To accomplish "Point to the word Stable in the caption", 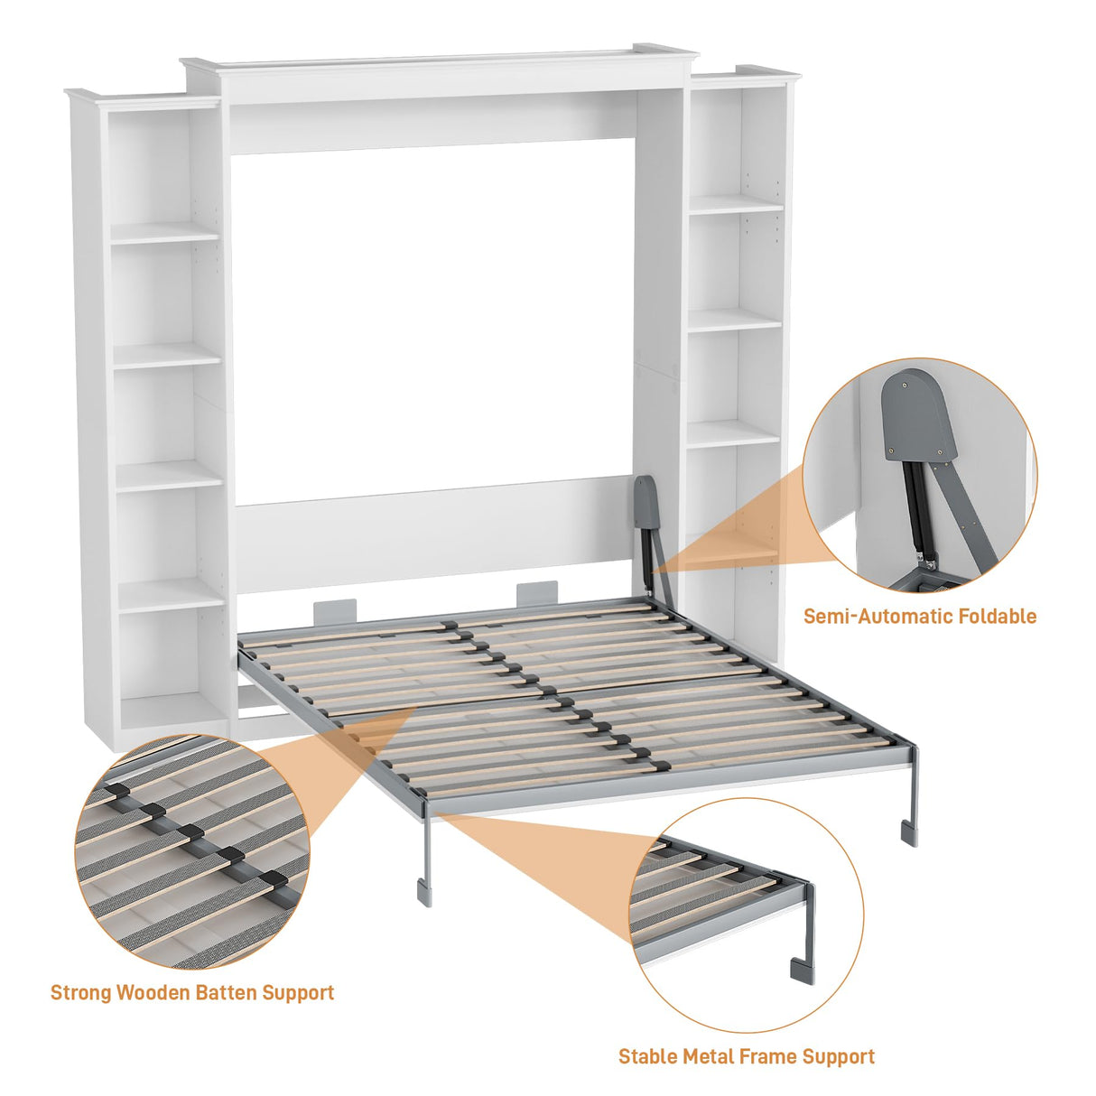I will (648, 1056).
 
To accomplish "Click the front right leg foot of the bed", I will (908, 833).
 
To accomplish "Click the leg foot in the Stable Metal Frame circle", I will (802, 971).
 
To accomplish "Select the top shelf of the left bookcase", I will (165, 232).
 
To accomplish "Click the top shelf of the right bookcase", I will (736, 205).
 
